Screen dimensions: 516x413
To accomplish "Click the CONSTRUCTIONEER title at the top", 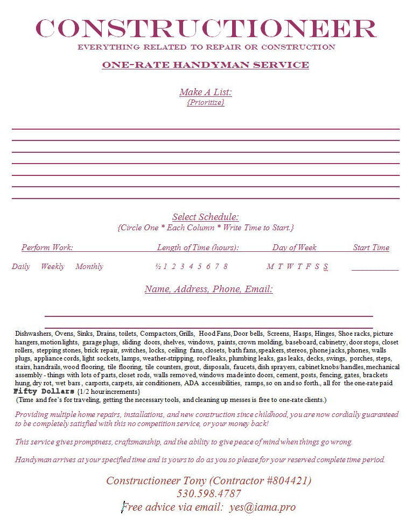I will pyautogui.click(x=206, y=28).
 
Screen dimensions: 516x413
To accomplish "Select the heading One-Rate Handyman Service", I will pyautogui.click(x=206, y=65).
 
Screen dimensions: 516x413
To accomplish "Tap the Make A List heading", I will pyautogui.click(x=206, y=92).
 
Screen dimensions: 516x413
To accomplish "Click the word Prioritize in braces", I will pyautogui.click(x=206, y=102).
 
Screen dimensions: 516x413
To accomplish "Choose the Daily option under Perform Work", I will pyautogui.click(x=21, y=266).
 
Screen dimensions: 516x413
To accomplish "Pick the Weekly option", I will pyautogui.click(x=52, y=266).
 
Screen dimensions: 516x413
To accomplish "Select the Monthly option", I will pyautogui.click(x=89, y=266).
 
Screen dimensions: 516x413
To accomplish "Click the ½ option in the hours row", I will pyautogui.click(x=158, y=266).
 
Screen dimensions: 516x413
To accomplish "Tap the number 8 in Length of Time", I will pyautogui.click(x=225, y=266).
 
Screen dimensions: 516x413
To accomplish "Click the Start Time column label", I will pyautogui.click(x=371, y=248).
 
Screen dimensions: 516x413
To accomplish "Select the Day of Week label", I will pyautogui.click(x=294, y=248).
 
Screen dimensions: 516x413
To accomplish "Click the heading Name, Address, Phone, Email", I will pyautogui.click(x=208, y=289).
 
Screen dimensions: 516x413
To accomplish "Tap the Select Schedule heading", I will pyautogui.click(x=206, y=217).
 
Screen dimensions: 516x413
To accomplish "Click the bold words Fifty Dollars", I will pyautogui.click(x=44, y=391).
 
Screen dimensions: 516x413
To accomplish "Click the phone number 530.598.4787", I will pyautogui.click(x=209, y=493).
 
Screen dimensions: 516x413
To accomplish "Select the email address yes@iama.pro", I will pyautogui.click(x=262, y=507).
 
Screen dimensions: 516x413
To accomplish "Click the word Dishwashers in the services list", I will pyautogui.click(x=33, y=334).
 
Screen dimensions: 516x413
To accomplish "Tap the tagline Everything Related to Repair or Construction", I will pyautogui.click(x=206, y=47).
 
